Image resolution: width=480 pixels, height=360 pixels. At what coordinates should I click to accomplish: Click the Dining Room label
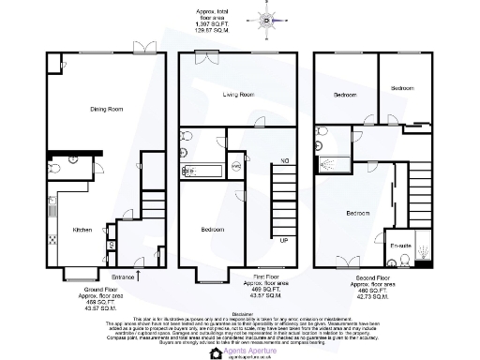(x=108, y=110)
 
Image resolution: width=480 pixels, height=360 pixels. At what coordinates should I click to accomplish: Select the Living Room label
(x=238, y=95)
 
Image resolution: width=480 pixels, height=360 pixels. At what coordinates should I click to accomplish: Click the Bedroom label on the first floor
(x=212, y=230)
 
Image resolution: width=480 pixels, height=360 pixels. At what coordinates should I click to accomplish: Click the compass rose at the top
(x=265, y=19)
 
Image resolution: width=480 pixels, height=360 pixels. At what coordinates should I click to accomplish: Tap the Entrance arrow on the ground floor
(x=139, y=274)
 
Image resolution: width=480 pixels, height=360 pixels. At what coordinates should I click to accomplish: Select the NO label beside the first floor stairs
(x=284, y=161)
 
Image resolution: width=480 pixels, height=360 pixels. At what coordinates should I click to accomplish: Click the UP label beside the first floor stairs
(x=284, y=240)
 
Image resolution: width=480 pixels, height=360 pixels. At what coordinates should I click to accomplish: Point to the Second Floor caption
(x=370, y=277)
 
